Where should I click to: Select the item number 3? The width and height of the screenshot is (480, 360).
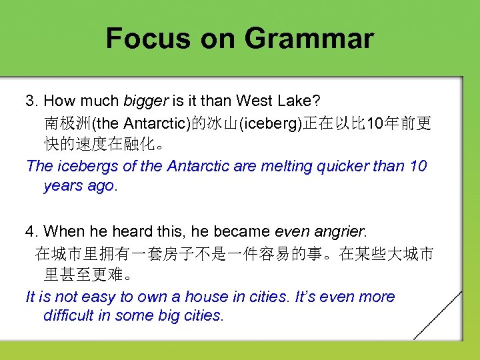pyautogui.click(x=31, y=101)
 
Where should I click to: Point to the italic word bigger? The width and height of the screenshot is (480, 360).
pyautogui.click(x=146, y=101)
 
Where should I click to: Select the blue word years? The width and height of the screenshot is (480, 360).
pyautogui.click(x=63, y=187)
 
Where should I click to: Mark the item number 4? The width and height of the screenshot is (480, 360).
pyautogui.click(x=31, y=231)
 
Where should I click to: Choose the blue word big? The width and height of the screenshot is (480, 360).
pyautogui.click(x=167, y=315)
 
